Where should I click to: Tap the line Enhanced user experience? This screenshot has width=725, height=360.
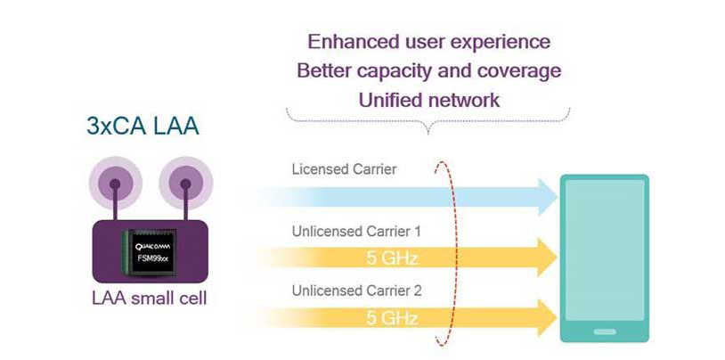(x=428, y=42)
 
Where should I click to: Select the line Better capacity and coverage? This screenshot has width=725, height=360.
(x=428, y=70)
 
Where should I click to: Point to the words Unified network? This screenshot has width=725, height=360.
(x=428, y=99)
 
